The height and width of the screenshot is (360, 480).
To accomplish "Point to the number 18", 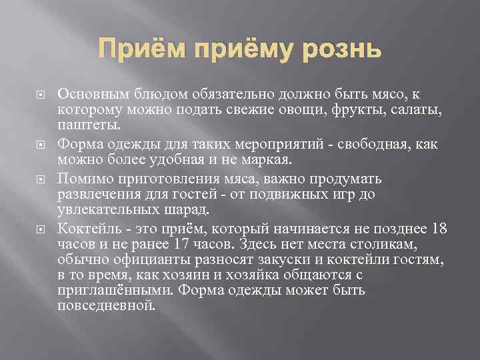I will pos(439,229).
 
